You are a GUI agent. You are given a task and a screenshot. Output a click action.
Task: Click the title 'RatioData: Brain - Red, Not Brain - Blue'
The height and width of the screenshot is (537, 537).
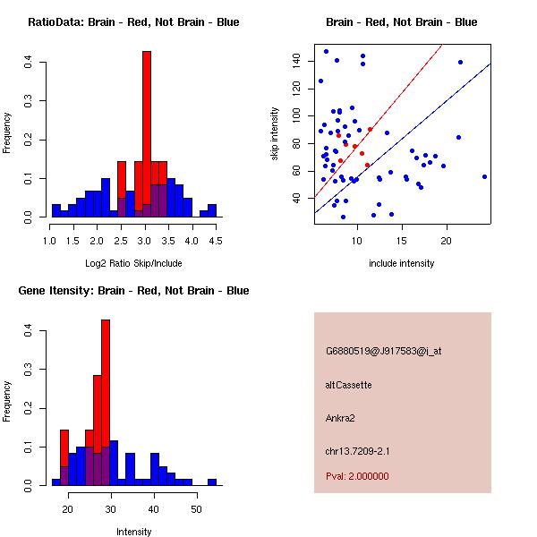[x=133, y=22]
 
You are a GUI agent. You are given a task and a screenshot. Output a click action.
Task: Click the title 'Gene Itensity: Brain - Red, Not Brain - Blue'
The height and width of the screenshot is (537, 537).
[x=133, y=291]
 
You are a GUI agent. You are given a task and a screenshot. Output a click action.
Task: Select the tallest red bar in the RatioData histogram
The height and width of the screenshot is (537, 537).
[x=146, y=134]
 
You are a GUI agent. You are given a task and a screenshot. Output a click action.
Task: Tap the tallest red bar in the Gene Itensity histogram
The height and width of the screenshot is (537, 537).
[x=106, y=403]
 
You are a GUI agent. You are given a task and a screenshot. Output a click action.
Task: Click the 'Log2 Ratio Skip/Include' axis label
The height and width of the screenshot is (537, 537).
[x=133, y=262]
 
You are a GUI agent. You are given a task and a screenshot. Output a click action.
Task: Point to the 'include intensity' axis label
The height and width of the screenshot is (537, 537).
[x=401, y=263]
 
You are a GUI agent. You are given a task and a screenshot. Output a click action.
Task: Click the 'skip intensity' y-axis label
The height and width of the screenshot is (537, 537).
[x=277, y=134]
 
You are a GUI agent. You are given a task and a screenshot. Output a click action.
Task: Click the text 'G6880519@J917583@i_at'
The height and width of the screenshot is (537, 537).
[x=383, y=351]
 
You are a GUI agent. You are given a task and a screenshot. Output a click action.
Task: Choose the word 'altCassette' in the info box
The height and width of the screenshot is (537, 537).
[x=348, y=385]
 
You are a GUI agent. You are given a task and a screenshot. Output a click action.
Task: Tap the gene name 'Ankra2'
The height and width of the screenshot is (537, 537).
[x=341, y=418]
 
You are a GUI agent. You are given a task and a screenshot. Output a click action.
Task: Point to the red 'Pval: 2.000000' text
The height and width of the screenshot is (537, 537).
[x=357, y=476]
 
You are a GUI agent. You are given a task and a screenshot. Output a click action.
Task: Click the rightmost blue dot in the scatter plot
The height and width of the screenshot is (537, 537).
[x=484, y=176]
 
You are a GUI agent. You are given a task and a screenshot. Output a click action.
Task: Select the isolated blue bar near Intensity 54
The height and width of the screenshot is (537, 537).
[x=212, y=482]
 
